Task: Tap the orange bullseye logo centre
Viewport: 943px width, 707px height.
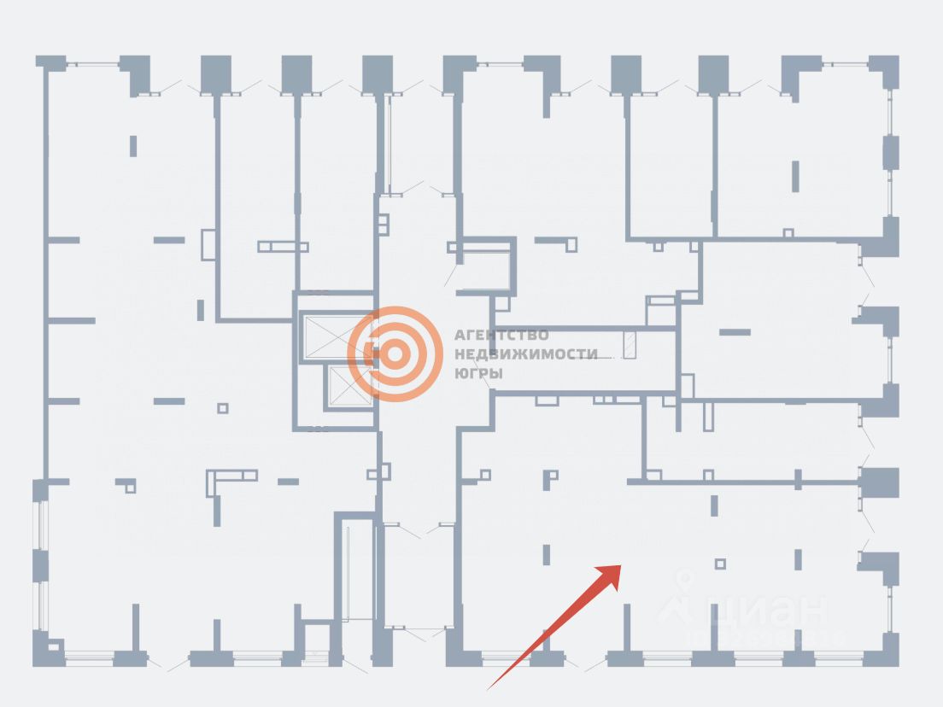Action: click(395, 353)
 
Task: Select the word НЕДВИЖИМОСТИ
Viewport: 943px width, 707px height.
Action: click(525, 354)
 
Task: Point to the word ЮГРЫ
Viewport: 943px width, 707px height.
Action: click(478, 374)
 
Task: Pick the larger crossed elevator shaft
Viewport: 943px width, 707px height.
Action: click(336, 336)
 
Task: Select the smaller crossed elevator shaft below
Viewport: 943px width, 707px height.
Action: click(348, 387)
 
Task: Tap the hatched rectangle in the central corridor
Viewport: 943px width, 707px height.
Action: click(630, 345)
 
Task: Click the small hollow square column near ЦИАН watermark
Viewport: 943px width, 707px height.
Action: click(720, 564)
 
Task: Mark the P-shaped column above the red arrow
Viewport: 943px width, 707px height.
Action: click(551, 478)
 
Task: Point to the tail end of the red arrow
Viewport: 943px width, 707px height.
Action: click(489, 687)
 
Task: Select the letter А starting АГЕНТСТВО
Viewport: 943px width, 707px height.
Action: click(459, 335)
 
